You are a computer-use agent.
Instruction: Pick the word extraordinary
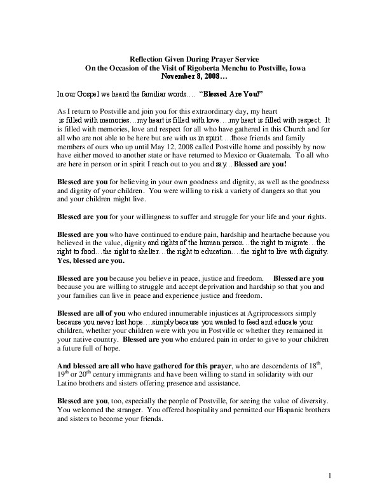coord(186,111)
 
